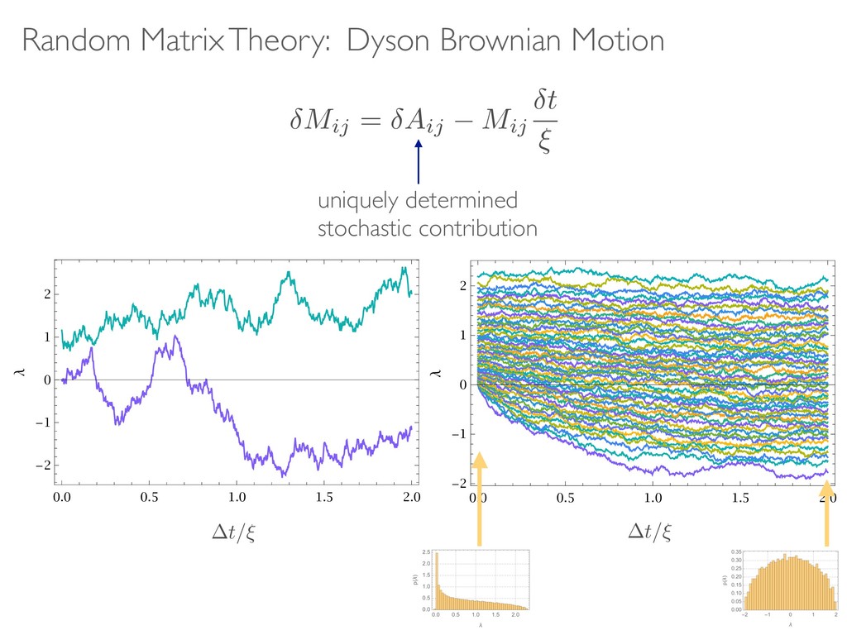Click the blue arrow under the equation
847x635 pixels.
pyautogui.click(x=419, y=161)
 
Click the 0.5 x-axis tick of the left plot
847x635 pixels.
pyautogui.click(x=149, y=498)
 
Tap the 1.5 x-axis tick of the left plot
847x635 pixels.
pyautogui.click(x=324, y=498)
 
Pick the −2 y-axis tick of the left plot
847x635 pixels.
pyautogui.click(x=41, y=466)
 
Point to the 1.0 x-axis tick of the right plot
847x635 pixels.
pyautogui.click(x=653, y=498)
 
